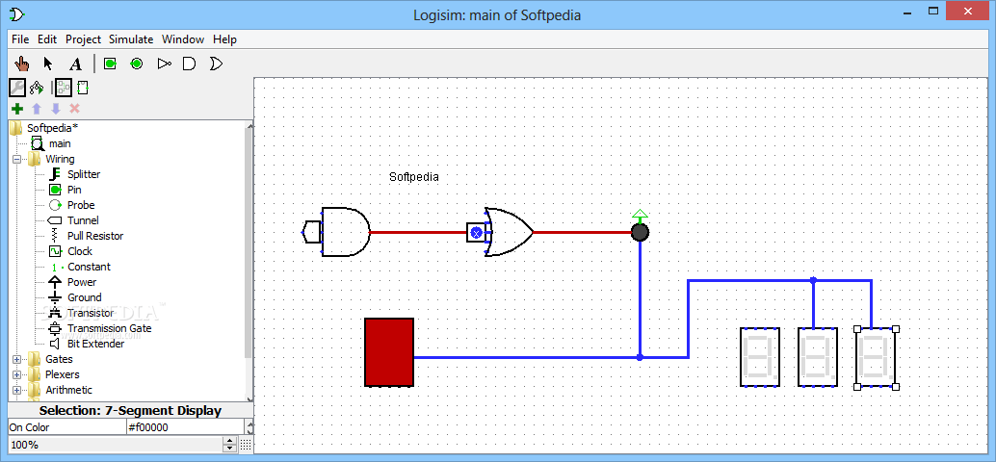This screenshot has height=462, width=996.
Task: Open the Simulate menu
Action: (x=131, y=39)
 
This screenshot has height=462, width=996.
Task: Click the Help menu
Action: (x=224, y=39)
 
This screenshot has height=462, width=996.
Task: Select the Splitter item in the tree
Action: (x=83, y=174)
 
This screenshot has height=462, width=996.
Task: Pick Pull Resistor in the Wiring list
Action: (x=94, y=236)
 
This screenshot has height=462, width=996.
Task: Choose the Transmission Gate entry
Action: (x=109, y=328)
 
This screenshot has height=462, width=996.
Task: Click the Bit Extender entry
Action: (x=95, y=344)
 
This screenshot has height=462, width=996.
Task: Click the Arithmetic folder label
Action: (x=68, y=390)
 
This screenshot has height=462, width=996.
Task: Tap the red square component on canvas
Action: (x=389, y=352)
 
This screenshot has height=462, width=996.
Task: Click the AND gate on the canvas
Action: (x=344, y=232)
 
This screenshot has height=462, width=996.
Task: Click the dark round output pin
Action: (x=640, y=232)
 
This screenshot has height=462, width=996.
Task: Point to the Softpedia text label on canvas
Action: (x=413, y=177)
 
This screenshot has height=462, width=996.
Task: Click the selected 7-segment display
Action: (x=876, y=357)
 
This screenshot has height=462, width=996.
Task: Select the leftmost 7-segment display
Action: (x=759, y=357)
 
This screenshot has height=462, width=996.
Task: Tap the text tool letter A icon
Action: (x=76, y=64)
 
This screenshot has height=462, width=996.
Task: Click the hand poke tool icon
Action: (x=21, y=64)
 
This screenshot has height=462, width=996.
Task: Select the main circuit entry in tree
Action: (x=60, y=143)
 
